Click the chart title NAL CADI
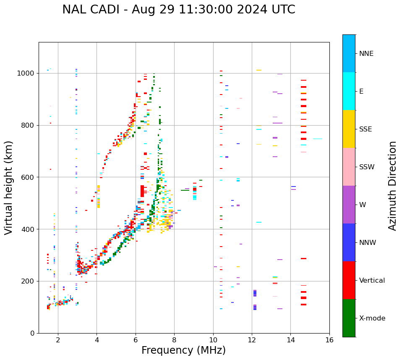[x=178, y=10]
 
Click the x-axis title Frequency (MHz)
[x=183, y=350]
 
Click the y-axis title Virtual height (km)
[x=9, y=187]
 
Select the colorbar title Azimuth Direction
[x=392, y=186]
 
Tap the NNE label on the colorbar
[x=366, y=54]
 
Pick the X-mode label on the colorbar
[x=372, y=318]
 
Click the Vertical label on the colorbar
[x=372, y=281]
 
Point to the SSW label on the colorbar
[x=367, y=167]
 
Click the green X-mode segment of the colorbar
[x=349, y=318]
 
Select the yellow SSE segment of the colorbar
[x=349, y=129]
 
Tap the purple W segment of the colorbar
[x=349, y=205]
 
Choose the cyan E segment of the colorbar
[x=349, y=91]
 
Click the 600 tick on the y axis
[x=29, y=177]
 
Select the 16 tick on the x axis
[x=329, y=340]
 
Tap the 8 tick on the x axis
[x=174, y=340]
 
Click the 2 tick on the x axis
[x=58, y=340]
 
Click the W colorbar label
[x=362, y=205]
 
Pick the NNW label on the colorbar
[x=368, y=243]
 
